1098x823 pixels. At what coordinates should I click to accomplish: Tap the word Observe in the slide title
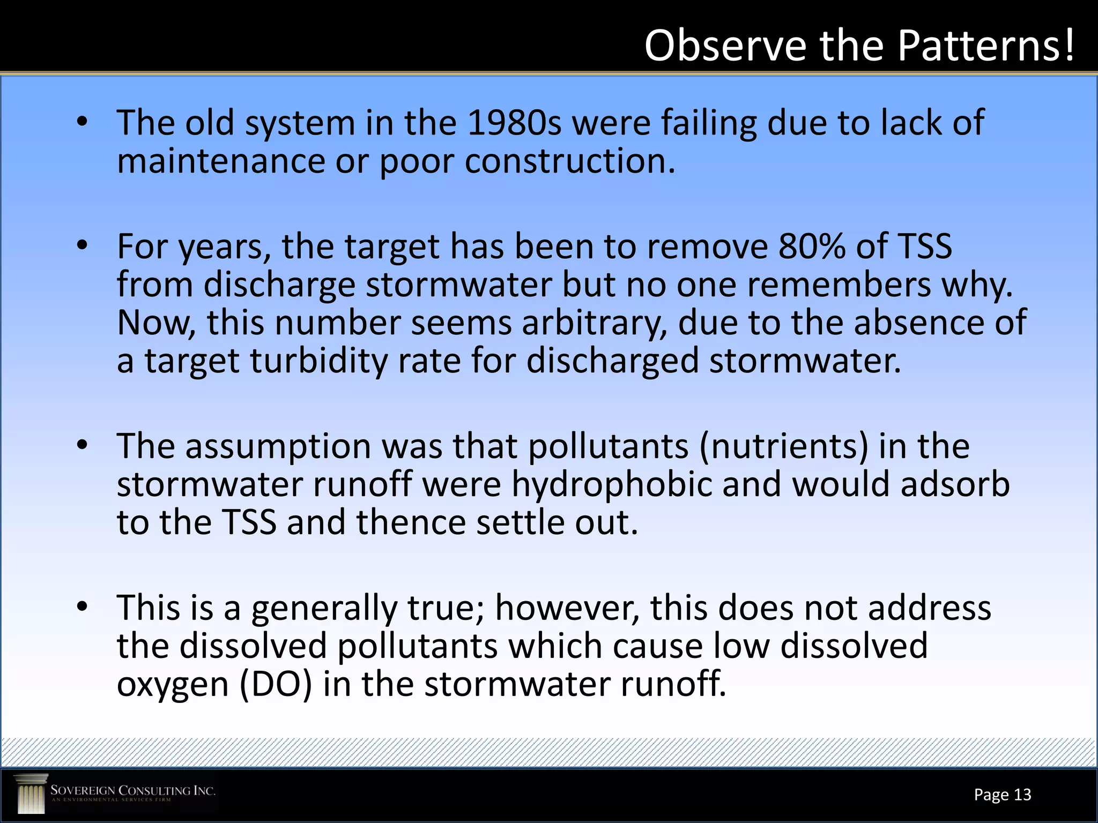coord(725,46)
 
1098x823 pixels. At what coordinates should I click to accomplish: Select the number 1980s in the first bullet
coord(514,123)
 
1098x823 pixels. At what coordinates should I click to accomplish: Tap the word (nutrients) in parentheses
coord(784,446)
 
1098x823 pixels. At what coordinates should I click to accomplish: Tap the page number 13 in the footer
coord(1022,795)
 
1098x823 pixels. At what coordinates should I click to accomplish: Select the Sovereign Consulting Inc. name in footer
coord(132,791)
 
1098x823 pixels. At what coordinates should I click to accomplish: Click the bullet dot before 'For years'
coord(81,246)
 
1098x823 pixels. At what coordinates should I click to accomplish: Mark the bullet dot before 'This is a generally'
coord(81,607)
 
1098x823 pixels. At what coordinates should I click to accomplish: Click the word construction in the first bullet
coord(569,161)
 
